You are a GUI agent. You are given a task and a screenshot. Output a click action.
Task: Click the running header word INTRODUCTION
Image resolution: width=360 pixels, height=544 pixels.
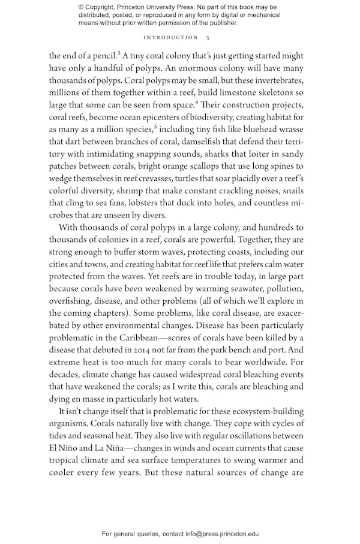(169, 37)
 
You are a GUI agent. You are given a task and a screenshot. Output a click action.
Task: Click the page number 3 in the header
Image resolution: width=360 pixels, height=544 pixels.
(208, 37)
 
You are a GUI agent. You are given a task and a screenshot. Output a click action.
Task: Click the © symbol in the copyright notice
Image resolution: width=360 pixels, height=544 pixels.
(82, 7)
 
